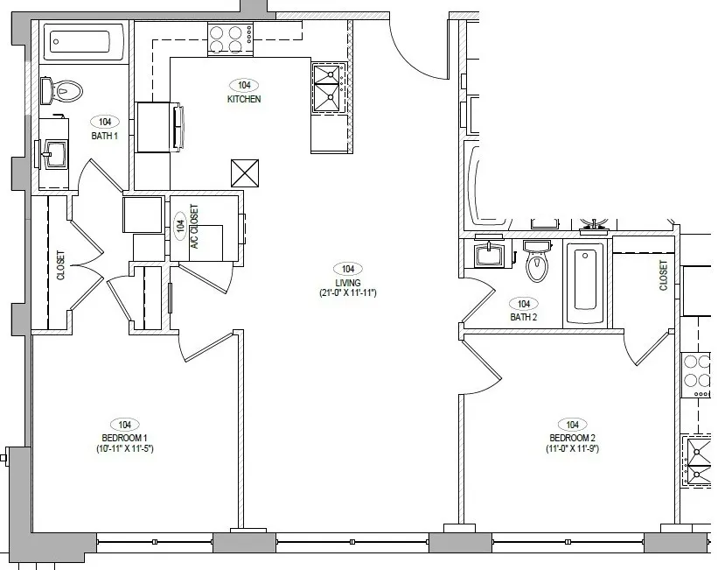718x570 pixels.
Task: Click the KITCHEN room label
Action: click(x=244, y=99)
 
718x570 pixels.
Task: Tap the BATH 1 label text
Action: click(x=104, y=136)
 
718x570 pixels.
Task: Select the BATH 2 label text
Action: click(x=523, y=317)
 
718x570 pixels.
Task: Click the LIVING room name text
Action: click(x=347, y=283)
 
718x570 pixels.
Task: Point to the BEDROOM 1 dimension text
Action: click(x=124, y=448)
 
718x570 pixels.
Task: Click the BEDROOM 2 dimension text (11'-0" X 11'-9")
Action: click(x=572, y=448)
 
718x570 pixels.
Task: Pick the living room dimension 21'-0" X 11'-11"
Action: click(x=347, y=293)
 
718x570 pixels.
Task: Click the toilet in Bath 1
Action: click(x=62, y=90)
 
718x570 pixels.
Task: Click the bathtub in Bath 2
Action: click(x=585, y=284)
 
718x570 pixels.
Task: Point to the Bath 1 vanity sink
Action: click(x=54, y=154)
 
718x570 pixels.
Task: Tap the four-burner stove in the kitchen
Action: click(x=230, y=39)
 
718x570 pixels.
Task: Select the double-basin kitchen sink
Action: click(x=329, y=88)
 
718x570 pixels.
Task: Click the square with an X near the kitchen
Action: click(x=245, y=173)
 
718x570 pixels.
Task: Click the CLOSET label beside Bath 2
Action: click(x=663, y=275)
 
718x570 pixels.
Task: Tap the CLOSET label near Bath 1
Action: click(x=60, y=265)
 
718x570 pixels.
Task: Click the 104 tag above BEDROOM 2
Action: click(x=572, y=426)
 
